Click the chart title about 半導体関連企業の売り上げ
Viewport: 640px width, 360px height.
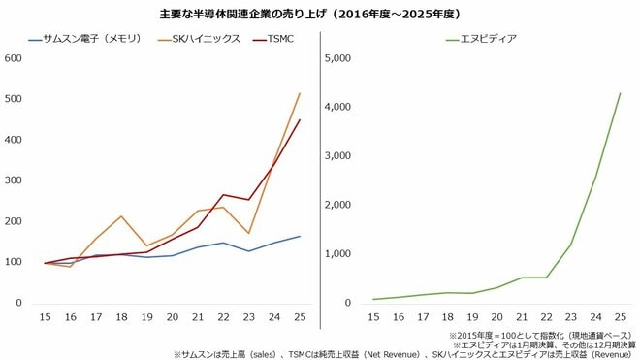pyautogui.click(x=319, y=16)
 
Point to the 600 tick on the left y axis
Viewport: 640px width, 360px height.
pyautogui.click(x=14, y=58)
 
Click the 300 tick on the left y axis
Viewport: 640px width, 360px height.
pyautogui.click(x=14, y=180)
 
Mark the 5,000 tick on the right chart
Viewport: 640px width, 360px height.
pyautogui.click(x=346, y=58)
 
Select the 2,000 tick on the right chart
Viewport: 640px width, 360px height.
pyautogui.click(x=346, y=205)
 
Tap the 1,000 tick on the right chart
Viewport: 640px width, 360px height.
pyautogui.click(x=346, y=254)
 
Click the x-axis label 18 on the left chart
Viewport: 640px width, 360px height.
pyautogui.click(x=120, y=317)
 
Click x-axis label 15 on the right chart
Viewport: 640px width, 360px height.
pyautogui.click(x=373, y=317)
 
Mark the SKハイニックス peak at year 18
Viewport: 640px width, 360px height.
pyautogui.click(x=120, y=216)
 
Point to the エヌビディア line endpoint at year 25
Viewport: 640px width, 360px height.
pyautogui.click(x=620, y=93)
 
